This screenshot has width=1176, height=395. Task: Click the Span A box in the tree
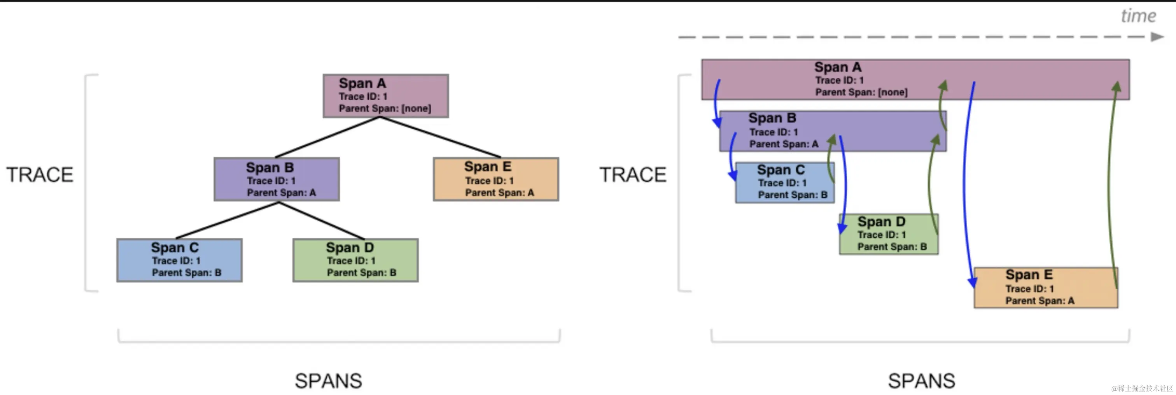coord(386,96)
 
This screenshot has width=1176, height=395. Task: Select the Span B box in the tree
coord(276,179)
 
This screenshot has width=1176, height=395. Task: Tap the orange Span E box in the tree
coord(496,179)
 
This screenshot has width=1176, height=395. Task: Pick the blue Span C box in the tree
coord(179,260)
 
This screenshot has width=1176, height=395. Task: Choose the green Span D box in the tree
coord(355,260)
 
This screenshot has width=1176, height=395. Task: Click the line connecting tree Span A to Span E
coord(440,137)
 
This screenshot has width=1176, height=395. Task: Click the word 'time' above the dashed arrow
coord(1139,16)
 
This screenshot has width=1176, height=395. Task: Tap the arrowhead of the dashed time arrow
coord(1157,37)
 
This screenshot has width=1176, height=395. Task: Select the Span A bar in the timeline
coord(915,79)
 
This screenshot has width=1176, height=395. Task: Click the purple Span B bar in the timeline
coord(833,131)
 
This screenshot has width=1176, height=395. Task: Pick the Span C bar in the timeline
coord(785,183)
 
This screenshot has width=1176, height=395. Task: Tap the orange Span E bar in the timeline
coord(1046,288)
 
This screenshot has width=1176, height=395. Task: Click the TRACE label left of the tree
coord(40,175)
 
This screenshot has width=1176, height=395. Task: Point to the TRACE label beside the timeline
coord(633,175)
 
